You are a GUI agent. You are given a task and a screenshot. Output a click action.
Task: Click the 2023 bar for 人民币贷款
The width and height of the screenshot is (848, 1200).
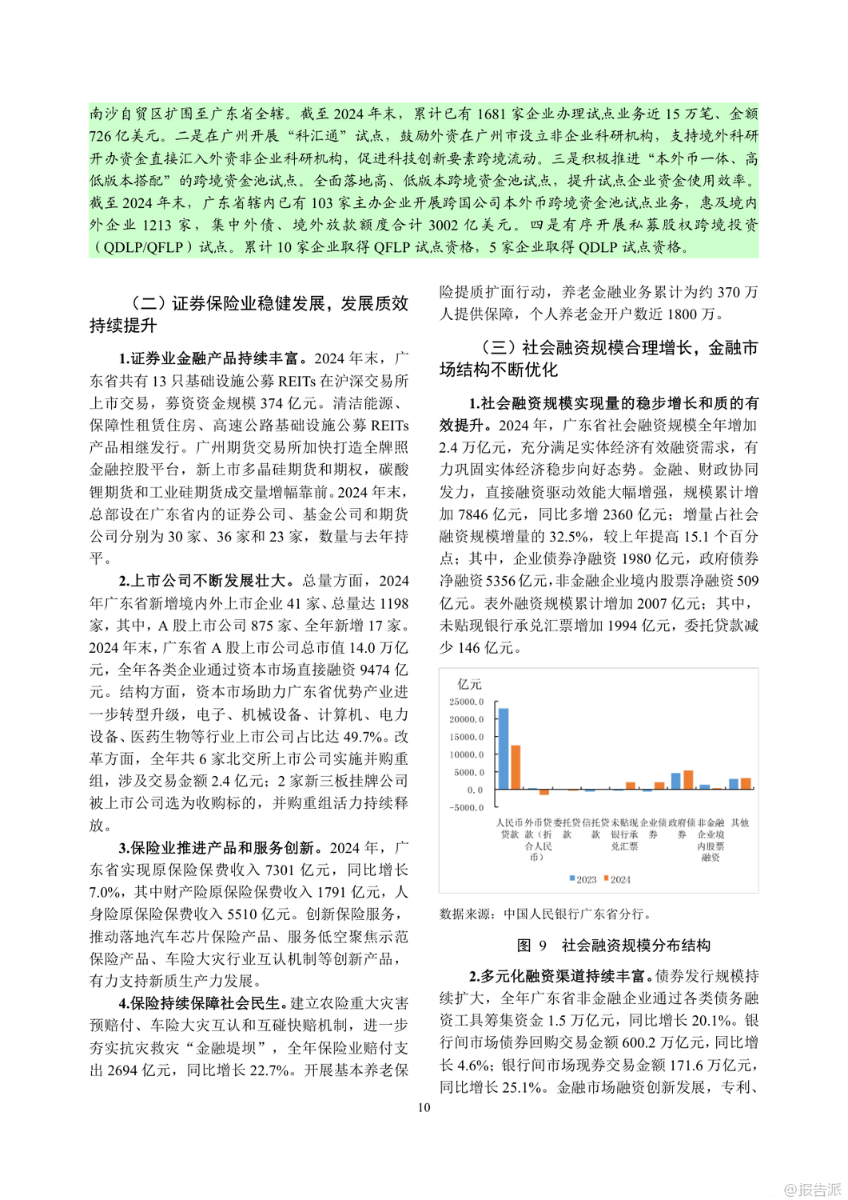pos(503,749)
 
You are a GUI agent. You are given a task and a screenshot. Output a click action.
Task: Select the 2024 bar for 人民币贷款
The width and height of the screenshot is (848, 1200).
pos(516,767)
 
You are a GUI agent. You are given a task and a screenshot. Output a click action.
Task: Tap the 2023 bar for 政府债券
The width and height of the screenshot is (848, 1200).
pos(675,782)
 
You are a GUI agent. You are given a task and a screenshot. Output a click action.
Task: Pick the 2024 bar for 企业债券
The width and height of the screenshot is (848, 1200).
pos(659,786)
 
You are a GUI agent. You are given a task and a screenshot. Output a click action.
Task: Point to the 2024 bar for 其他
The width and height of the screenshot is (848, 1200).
pos(746,784)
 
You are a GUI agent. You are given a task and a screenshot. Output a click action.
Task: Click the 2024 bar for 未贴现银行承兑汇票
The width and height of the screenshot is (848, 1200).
pos(631,786)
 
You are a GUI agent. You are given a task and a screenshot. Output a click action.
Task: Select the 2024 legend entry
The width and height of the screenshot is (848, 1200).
pos(617,879)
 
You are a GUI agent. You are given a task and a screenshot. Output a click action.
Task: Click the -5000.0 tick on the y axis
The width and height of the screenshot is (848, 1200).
pos(466,807)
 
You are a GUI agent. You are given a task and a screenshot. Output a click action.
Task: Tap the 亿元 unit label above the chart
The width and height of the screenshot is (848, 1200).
pos(469,684)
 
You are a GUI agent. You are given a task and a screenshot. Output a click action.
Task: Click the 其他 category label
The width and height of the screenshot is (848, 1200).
pos(740,822)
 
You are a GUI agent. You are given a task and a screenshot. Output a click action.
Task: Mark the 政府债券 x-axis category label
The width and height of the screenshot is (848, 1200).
pos(682,828)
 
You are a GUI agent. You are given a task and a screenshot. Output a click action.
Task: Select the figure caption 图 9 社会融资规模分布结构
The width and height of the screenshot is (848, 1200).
pos(614,946)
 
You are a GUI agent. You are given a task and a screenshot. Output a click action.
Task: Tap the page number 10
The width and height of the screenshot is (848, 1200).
pos(424,1107)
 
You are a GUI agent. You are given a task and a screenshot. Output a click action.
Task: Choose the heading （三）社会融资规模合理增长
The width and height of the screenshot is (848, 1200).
pos(598,358)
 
